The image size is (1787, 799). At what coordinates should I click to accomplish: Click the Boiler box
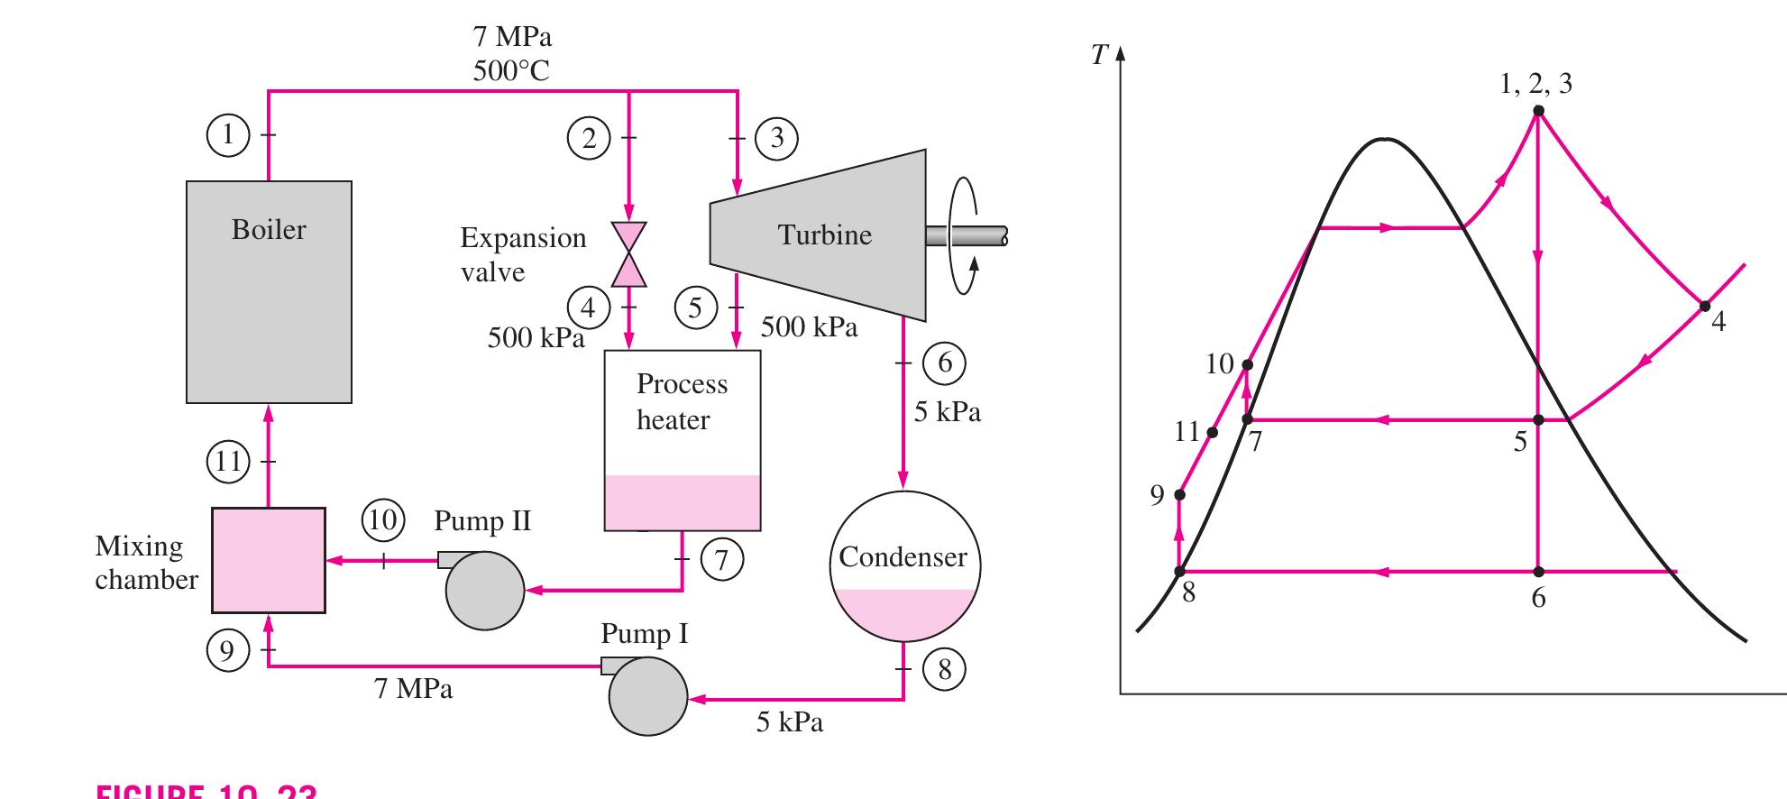pos(269,291)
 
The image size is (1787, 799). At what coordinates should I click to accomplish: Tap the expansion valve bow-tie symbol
pos(628,253)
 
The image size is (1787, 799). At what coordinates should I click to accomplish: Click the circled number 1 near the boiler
pos(227,134)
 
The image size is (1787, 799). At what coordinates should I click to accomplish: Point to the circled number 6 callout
pos(944,363)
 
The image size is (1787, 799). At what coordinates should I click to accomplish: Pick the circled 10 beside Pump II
pos(382,520)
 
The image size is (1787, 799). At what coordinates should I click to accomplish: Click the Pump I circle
pos(647,696)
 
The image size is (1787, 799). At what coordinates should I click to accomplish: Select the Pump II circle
pos(484,590)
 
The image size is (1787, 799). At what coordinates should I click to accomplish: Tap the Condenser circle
pos(904,565)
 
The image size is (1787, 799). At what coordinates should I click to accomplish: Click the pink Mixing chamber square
pos(269,560)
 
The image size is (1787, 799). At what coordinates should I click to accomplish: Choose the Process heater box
pos(682,439)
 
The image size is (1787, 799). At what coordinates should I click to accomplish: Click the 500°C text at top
pos(511,71)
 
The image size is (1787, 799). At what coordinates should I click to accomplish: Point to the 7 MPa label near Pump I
pos(413,689)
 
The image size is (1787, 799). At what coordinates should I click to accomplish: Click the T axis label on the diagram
pos(1098,56)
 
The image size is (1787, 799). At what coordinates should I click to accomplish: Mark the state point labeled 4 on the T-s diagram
pos(1704,307)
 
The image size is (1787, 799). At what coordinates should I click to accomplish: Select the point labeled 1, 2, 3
pos(1538,111)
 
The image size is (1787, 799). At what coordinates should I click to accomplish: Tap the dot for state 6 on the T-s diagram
pos(1538,572)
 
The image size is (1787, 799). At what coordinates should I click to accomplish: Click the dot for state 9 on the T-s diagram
pos(1179,494)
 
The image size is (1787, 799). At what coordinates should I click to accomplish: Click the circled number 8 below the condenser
pos(944,669)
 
